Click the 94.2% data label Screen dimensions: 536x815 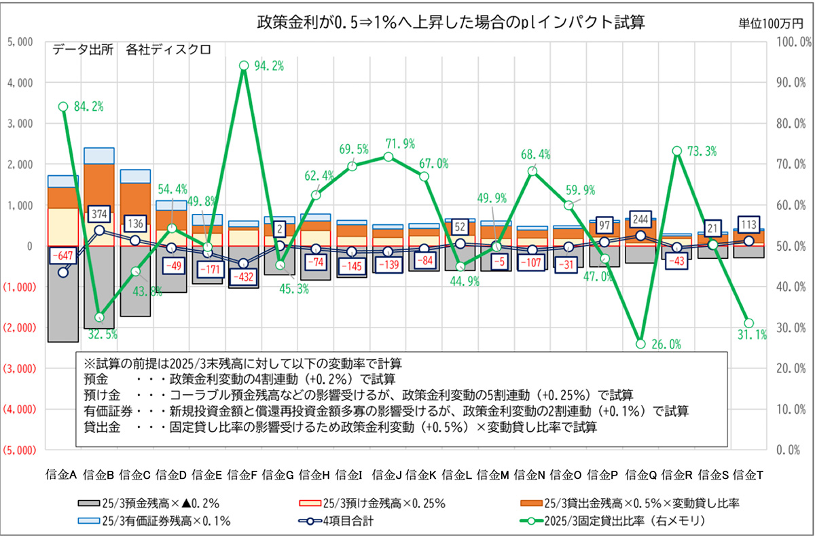click(269, 66)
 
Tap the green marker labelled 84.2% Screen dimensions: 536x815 click(63, 107)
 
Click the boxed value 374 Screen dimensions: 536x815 click(100, 215)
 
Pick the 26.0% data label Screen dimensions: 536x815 click(666, 344)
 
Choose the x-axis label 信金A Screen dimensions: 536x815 click(63, 474)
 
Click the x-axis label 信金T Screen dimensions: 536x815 click(749, 474)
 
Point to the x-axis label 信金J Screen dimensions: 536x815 click(388, 474)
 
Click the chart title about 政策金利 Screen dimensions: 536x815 click(450, 22)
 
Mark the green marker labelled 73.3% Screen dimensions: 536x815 click(677, 151)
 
